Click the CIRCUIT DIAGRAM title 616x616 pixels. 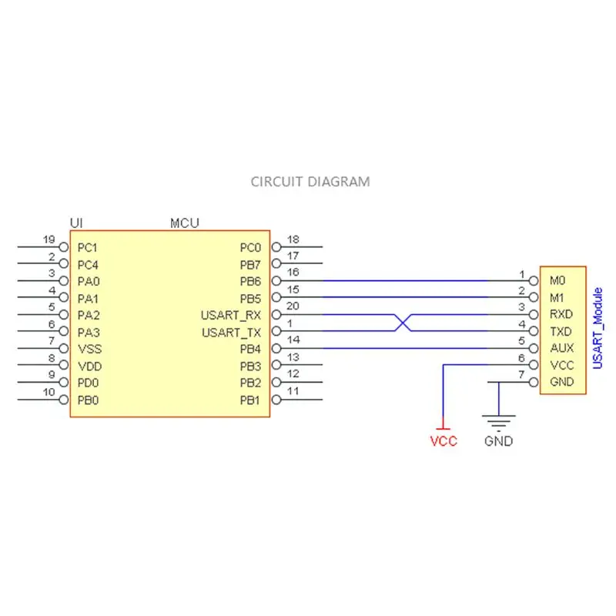point(310,182)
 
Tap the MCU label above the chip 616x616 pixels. point(184,223)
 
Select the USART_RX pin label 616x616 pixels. point(231,316)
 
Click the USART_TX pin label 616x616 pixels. point(231,333)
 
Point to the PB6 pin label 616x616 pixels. point(250,282)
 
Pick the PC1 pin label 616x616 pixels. point(89,248)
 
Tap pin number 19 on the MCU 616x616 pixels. point(49,239)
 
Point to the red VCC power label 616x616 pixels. point(443,442)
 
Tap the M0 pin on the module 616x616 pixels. point(557,282)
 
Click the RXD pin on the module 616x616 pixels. point(558,315)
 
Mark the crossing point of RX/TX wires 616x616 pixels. point(399,323)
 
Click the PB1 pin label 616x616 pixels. point(250,400)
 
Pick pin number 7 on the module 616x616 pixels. point(521,374)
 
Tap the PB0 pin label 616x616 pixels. point(89,400)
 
